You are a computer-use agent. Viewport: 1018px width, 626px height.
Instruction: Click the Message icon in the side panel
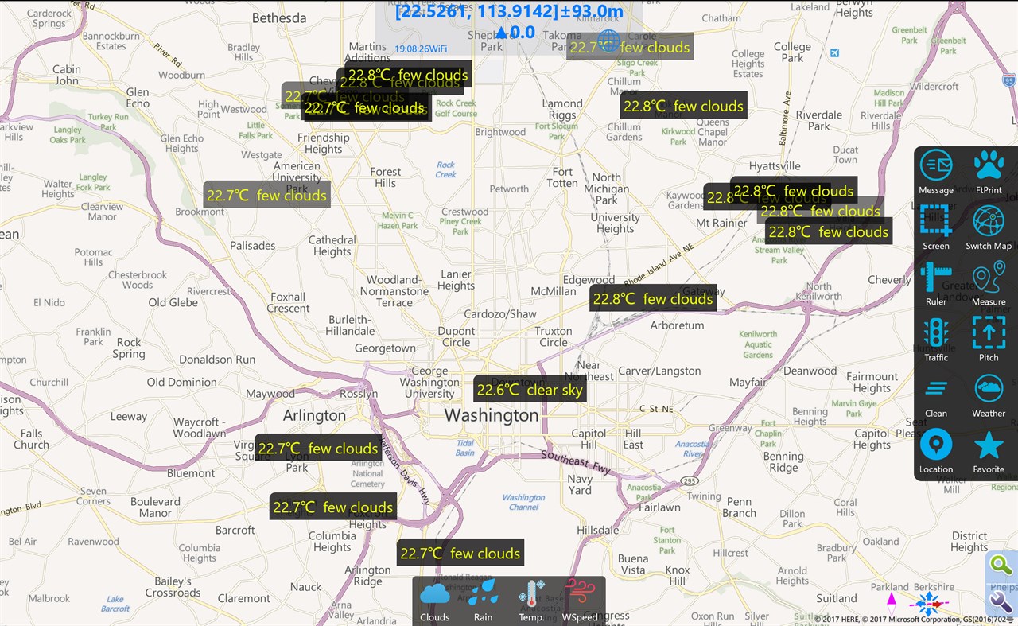(936, 166)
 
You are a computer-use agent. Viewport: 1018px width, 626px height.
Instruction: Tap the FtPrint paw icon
(989, 165)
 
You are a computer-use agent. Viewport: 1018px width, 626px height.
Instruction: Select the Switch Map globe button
(989, 221)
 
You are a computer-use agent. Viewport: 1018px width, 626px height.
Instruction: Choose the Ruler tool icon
(936, 277)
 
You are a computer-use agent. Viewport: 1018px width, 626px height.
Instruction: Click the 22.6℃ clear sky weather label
(530, 390)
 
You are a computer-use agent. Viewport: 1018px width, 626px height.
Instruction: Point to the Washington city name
(492, 415)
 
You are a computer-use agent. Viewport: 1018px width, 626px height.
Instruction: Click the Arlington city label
(315, 415)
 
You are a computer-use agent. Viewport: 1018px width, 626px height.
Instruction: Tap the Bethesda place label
(279, 17)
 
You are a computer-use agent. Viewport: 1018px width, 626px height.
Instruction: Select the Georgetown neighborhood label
(385, 348)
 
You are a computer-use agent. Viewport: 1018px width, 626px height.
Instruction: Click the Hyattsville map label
(775, 165)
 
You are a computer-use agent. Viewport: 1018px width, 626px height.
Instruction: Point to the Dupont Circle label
(457, 336)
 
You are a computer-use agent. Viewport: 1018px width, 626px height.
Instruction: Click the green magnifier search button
(1001, 566)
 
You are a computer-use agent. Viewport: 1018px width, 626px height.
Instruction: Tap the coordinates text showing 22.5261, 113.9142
(509, 11)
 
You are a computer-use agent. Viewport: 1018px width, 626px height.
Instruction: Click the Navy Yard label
(580, 484)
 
